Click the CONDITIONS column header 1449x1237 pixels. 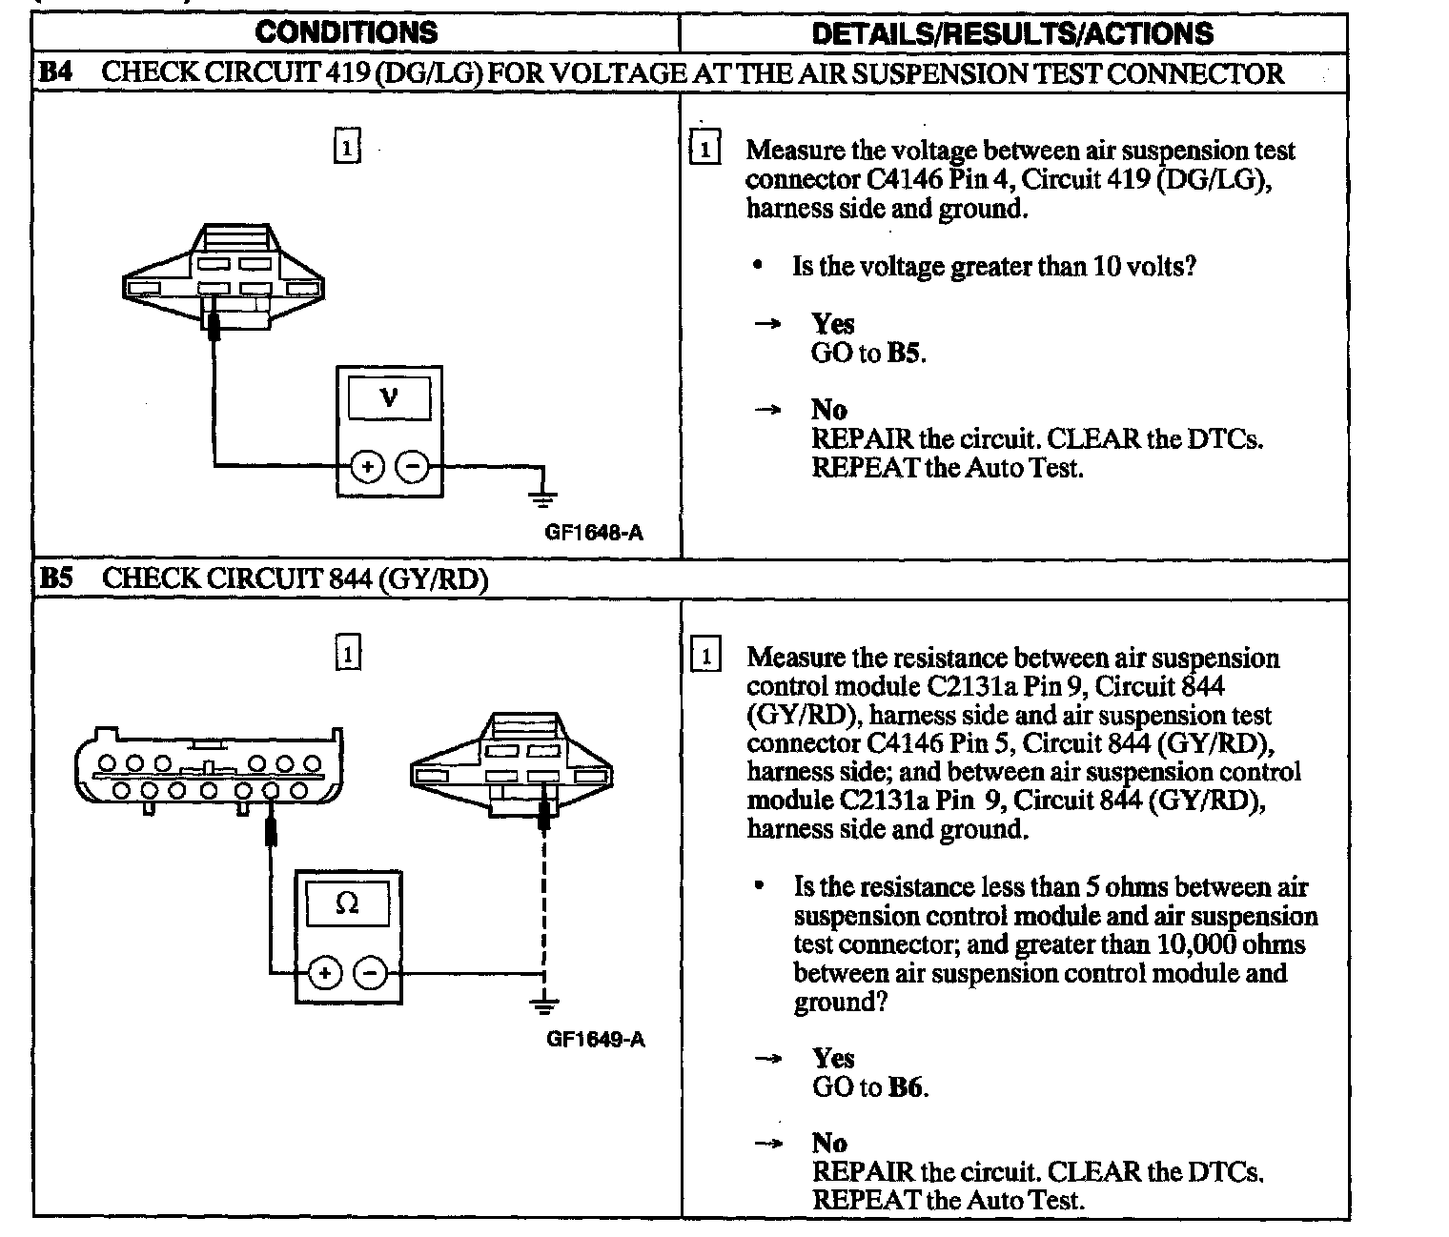346,32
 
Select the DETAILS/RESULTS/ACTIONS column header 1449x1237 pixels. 1012,33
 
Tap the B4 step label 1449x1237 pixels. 56,73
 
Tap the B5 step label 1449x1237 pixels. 56,578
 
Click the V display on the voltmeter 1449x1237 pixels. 388,396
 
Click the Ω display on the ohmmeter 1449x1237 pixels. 347,902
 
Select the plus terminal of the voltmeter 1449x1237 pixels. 367,467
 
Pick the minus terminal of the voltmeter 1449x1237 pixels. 412,467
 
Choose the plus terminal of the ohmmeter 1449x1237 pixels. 324,973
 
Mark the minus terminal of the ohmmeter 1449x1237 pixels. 370,973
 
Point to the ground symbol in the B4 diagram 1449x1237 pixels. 543,496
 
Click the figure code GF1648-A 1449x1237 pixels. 594,532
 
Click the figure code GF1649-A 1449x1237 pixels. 595,1038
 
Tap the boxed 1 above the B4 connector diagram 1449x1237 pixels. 347,148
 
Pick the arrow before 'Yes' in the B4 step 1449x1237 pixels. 767,324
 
